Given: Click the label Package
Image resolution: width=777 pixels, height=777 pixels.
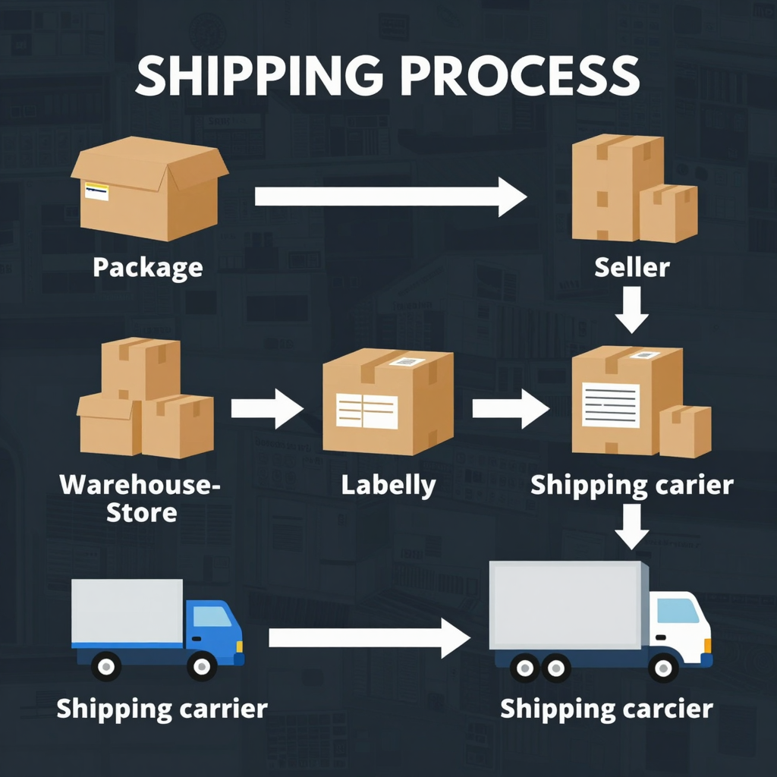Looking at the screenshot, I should coord(147,267).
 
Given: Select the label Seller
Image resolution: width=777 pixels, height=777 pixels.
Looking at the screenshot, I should coord(632,267).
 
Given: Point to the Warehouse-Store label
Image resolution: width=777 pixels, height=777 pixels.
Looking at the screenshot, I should coord(141,497).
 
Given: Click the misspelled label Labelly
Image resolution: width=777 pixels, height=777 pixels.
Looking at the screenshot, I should coord(388,485).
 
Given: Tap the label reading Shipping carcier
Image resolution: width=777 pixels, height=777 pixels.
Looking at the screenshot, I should coord(606,709).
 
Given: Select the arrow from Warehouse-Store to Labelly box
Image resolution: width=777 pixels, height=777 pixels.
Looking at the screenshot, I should coord(266,409).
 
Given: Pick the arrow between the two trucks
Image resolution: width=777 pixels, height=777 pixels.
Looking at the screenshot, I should coord(369,638).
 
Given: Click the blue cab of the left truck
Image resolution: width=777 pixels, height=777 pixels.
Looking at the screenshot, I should coord(214,626).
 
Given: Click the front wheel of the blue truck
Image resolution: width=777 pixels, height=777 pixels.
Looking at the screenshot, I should coord(202,666).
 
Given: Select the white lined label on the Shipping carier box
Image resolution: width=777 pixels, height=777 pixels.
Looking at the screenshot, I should coord(610,404).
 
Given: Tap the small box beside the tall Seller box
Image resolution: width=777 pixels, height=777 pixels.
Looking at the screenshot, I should coord(668,213).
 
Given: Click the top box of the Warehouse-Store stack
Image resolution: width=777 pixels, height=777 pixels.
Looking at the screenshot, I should coord(140,367).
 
